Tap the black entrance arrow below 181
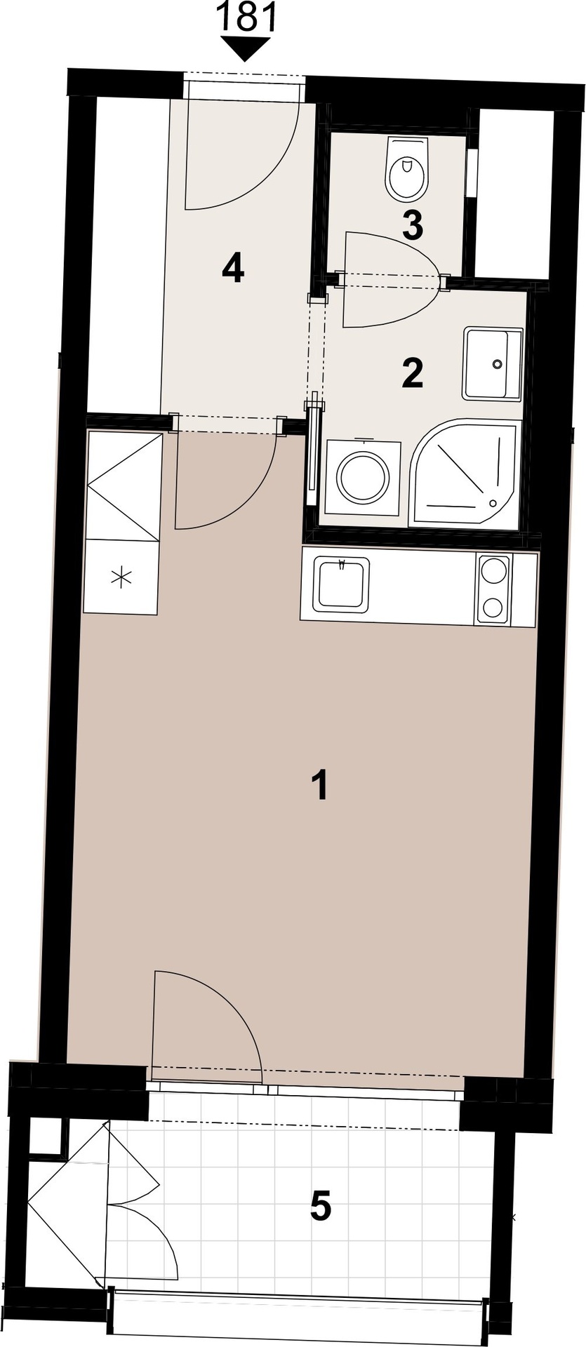[x=246, y=49]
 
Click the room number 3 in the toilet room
[x=413, y=226]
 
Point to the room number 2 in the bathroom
[x=413, y=373]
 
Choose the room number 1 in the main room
[x=320, y=785]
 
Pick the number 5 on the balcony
[x=321, y=1207]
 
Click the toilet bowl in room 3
[x=406, y=168]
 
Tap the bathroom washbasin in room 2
[x=493, y=364]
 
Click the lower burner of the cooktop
[x=494, y=605]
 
